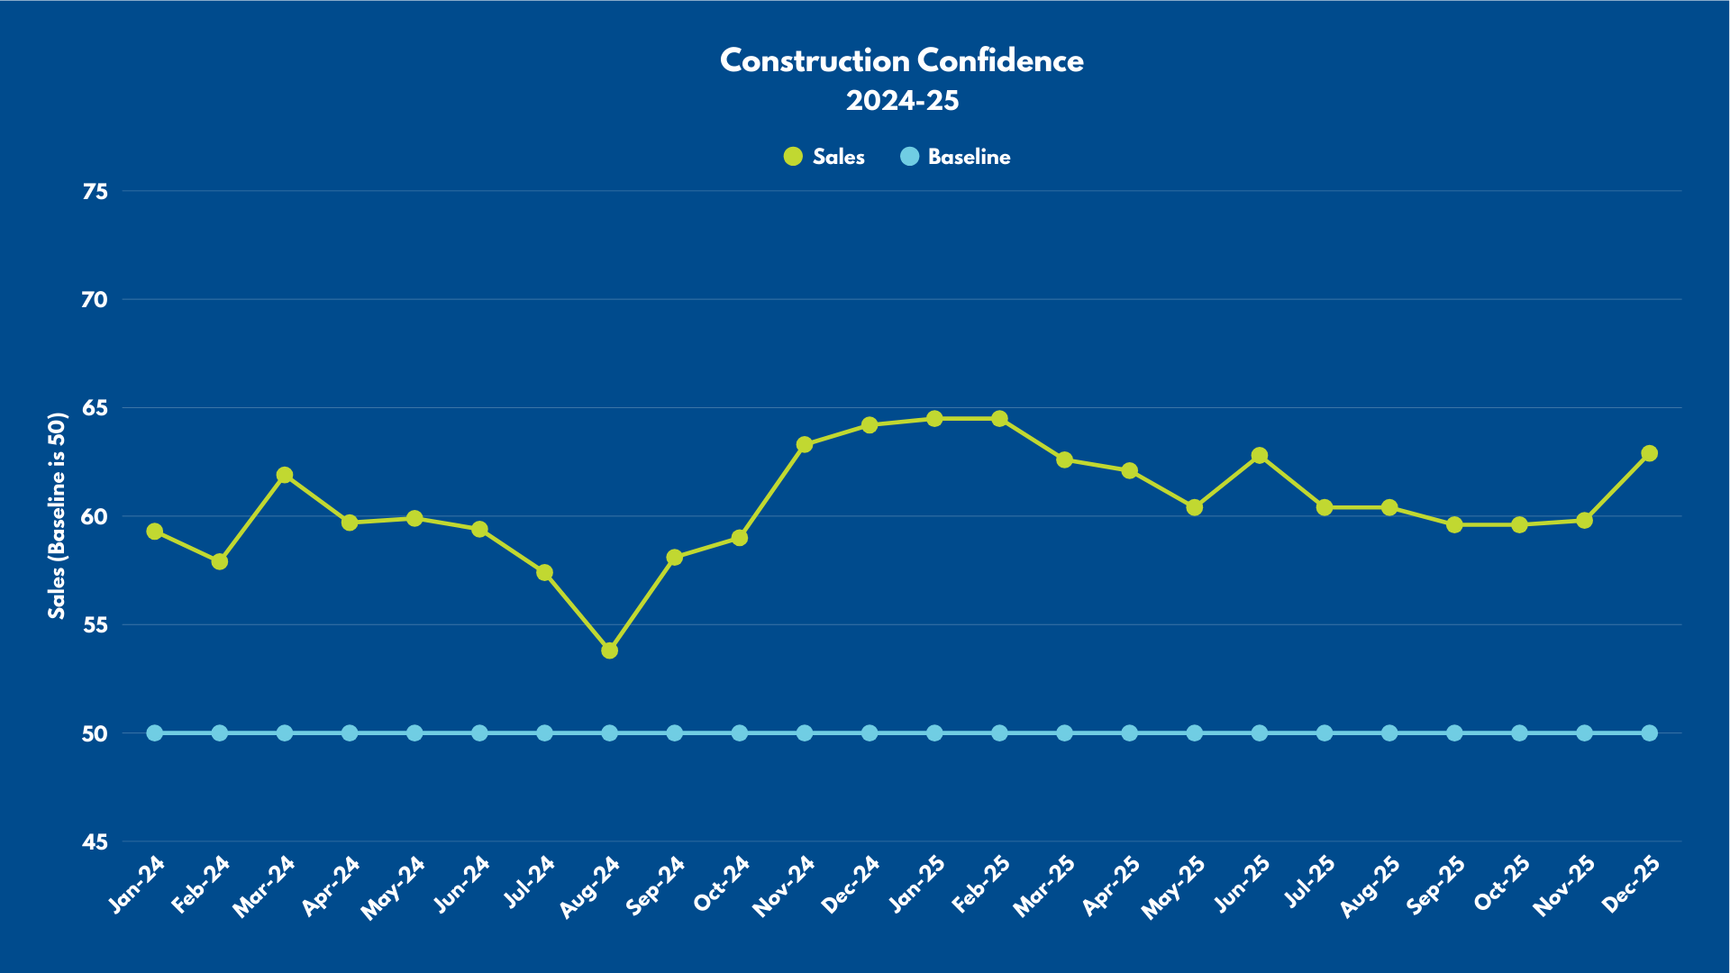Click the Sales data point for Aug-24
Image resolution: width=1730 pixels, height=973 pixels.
pyautogui.click(x=609, y=650)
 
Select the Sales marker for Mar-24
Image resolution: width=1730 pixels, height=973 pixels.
pyautogui.click(x=285, y=475)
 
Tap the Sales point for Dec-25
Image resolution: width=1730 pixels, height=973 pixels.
pyautogui.click(x=1649, y=453)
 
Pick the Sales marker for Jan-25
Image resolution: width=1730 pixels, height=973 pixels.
pyautogui.click(x=934, y=419)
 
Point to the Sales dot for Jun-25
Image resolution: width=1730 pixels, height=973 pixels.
pyautogui.click(x=1260, y=456)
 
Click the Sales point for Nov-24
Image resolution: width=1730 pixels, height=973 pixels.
pyautogui.click(x=805, y=444)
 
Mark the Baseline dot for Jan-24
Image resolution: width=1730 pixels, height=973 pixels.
pyautogui.click(x=155, y=733)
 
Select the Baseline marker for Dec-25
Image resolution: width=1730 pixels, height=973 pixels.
pyautogui.click(x=1649, y=733)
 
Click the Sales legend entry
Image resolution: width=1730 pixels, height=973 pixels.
pyautogui.click(x=824, y=157)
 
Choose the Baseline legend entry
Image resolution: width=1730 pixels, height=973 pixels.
pyautogui.click(x=956, y=157)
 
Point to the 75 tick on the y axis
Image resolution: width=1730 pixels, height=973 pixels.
pyautogui.click(x=95, y=191)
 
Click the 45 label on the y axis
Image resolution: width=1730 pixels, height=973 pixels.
pyautogui.click(x=95, y=842)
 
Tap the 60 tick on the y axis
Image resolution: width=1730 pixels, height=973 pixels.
pyautogui.click(x=95, y=517)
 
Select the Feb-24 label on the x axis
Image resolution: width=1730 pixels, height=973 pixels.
pyautogui.click(x=201, y=885)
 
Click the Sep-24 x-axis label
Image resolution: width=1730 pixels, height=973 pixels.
pyautogui.click(x=656, y=886)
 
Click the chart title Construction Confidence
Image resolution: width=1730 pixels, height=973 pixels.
pyautogui.click(x=902, y=60)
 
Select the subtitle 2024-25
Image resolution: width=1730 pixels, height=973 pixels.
pyautogui.click(x=902, y=100)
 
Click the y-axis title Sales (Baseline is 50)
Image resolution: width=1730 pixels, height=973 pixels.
pyautogui.click(x=58, y=515)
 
